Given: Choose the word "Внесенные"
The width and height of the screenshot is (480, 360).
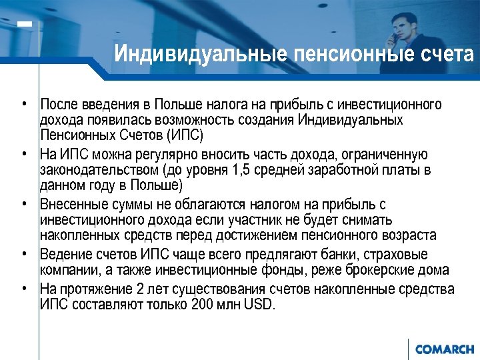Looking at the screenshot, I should [x=73, y=205].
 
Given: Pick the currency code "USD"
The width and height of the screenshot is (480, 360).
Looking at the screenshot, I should [x=259, y=304].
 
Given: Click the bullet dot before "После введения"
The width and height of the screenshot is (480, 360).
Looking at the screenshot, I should [x=23, y=105].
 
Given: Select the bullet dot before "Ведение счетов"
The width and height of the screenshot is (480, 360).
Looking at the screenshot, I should [x=23, y=254].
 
